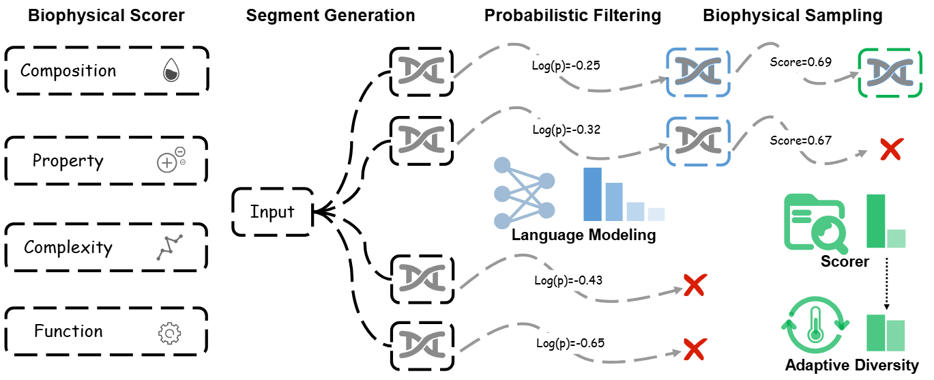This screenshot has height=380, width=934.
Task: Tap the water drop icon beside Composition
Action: [171, 70]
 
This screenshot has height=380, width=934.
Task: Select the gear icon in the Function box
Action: [170, 333]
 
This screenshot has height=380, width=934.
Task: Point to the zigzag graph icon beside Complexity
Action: [170, 248]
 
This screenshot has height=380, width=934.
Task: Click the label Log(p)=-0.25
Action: [566, 65]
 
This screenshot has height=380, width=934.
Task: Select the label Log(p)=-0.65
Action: [570, 343]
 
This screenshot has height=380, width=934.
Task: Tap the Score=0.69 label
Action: [800, 62]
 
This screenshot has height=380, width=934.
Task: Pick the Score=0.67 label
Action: [800, 141]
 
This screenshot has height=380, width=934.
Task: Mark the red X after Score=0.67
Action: [892, 149]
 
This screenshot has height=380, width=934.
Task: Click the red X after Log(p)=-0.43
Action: [695, 285]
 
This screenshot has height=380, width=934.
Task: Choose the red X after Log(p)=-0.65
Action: [695, 349]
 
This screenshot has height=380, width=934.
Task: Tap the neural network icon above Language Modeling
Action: [524, 193]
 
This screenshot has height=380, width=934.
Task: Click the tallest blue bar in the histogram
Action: [592, 194]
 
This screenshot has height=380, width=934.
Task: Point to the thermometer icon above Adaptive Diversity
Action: [815, 325]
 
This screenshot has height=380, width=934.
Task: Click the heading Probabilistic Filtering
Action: [572, 16]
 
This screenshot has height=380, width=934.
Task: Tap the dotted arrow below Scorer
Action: [886, 284]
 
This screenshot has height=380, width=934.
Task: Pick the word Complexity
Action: [68, 248]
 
